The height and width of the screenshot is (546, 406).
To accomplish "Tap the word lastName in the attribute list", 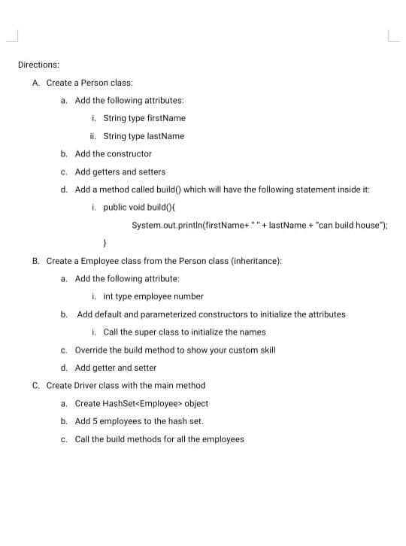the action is click(167, 136).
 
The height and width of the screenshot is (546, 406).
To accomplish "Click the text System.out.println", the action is click(166, 225).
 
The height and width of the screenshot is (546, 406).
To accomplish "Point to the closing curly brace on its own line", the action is click(105, 243).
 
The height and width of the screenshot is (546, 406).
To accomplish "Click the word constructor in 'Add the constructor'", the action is click(129, 153).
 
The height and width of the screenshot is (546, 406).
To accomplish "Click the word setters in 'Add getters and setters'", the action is click(151, 171).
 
